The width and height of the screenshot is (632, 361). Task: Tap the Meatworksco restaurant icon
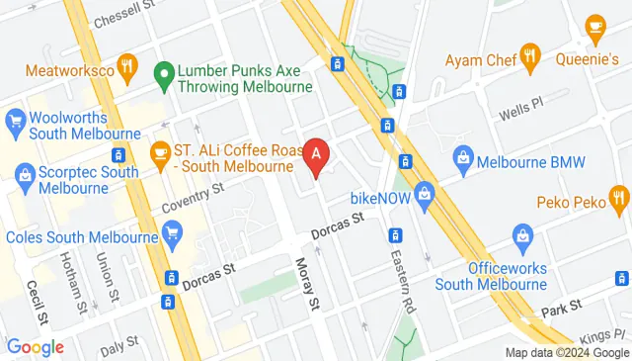coord(126,66)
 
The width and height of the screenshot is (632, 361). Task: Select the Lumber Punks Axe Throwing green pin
coord(164,73)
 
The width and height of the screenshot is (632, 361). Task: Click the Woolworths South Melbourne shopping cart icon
coord(14,122)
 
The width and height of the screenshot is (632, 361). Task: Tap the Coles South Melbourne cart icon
coord(174,234)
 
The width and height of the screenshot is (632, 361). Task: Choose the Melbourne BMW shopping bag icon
coord(462,157)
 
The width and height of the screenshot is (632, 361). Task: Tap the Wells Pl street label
coord(522,104)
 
